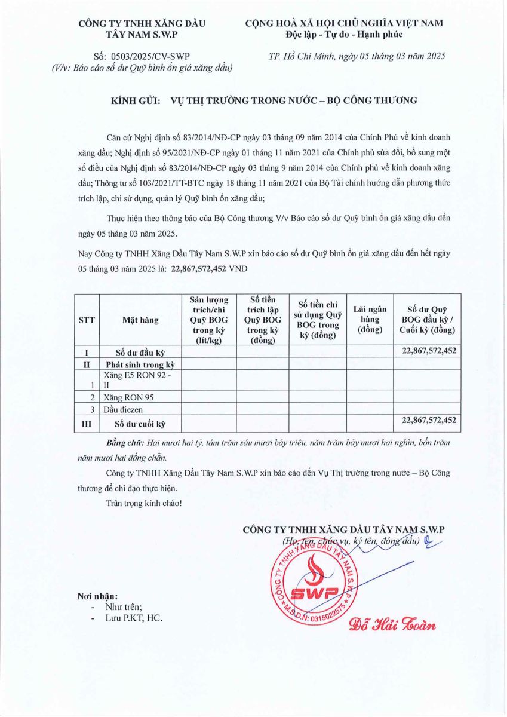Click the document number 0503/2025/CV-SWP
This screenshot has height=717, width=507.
[x=150, y=56]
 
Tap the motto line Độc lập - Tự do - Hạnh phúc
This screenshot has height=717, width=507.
[x=344, y=35]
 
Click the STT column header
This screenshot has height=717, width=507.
[x=87, y=320]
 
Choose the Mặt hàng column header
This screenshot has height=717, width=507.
[x=140, y=320]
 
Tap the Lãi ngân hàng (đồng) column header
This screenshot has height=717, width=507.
[x=370, y=320]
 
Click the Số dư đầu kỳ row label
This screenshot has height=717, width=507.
[x=139, y=353]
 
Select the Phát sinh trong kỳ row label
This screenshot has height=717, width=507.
[x=140, y=364]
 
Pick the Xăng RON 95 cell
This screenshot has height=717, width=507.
[x=129, y=397]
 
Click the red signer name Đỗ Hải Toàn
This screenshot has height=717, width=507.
[x=392, y=626]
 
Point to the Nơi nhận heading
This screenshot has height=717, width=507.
[x=98, y=596]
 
